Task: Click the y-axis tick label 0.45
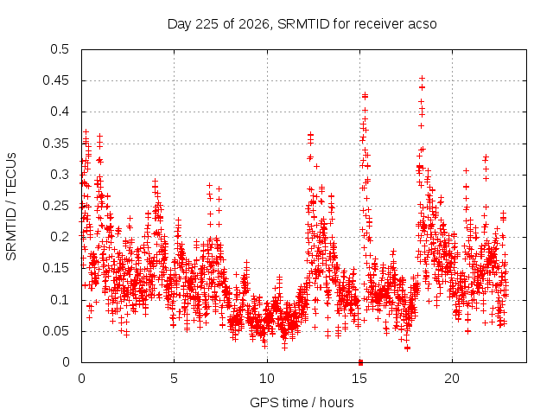click(55, 80)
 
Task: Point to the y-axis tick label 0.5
click(60, 49)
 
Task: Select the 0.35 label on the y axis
click(55, 144)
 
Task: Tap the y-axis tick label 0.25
click(55, 206)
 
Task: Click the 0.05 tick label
click(55, 331)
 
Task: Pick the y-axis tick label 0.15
click(55, 268)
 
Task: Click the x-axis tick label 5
click(174, 379)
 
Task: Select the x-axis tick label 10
click(267, 379)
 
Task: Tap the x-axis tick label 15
click(359, 379)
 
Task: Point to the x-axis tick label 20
click(452, 379)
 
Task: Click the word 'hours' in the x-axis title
click(336, 402)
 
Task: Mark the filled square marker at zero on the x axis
click(360, 362)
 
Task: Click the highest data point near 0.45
click(422, 79)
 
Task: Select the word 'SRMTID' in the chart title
click(303, 24)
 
